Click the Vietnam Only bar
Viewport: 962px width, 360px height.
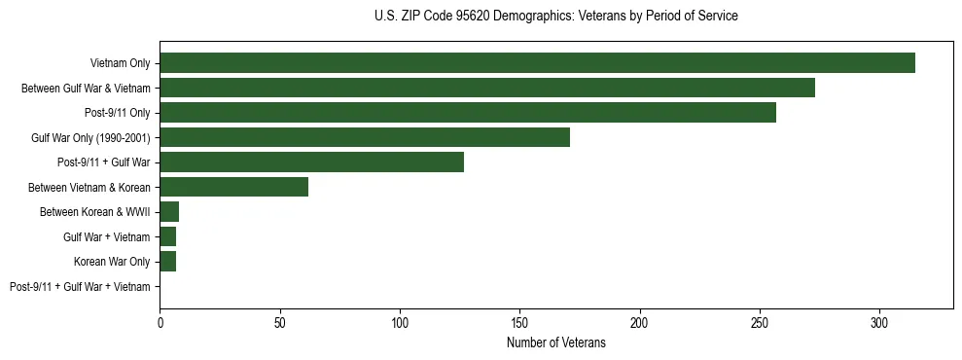537,63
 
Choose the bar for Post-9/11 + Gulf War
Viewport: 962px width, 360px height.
311,162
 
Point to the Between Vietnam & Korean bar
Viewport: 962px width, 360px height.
233,187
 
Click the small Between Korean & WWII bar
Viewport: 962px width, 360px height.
169,212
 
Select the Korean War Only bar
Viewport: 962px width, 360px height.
167,262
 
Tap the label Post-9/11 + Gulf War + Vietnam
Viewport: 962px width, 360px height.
80,287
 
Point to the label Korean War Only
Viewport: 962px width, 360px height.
112,262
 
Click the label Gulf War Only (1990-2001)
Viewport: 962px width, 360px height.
90,138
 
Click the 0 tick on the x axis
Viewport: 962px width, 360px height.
160,322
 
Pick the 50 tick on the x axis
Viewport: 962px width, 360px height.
280,322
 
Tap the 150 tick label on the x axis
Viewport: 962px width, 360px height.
519,322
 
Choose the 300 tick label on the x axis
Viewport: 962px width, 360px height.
879,322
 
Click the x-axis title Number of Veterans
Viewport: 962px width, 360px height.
555,342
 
